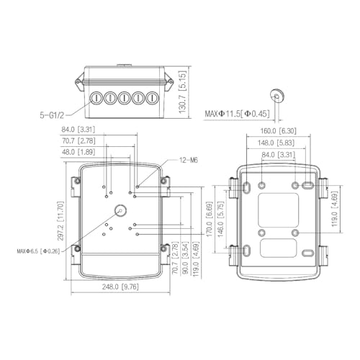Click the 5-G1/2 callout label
coord(52,115)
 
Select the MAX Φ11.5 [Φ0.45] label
coord(237,113)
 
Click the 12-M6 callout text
coord(189,160)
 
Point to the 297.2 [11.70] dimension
coord(60,221)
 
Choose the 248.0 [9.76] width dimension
coord(120,287)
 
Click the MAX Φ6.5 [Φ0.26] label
coord(38,251)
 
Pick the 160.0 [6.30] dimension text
coord(279,131)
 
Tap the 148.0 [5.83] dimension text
coord(276,143)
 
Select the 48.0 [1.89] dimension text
coord(78,152)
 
